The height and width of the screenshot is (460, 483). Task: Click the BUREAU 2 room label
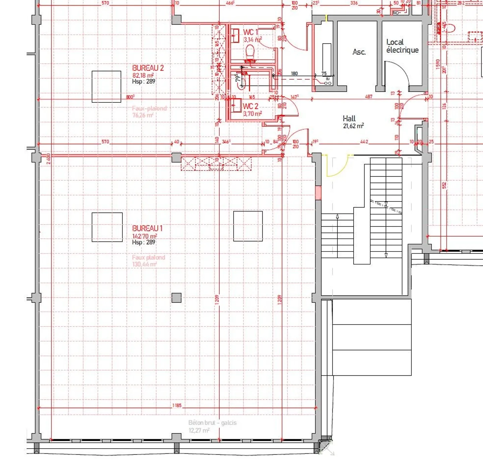pyautogui.click(x=148, y=68)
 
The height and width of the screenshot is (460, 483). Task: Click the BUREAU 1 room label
pyautogui.click(x=147, y=229)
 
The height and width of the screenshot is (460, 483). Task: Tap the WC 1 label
pyautogui.click(x=250, y=32)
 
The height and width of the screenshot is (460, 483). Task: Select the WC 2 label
pyautogui.click(x=250, y=106)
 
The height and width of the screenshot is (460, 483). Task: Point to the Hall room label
pyautogui.click(x=349, y=119)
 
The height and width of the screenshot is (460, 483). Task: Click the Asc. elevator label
pyautogui.click(x=359, y=52)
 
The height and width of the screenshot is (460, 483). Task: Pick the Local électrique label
pyautogui.click(x=402, y=46)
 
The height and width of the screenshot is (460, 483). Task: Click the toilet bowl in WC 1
pyautogui.click(x=250, y=53)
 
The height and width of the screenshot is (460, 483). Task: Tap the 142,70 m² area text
pyautogui.click(x=144, y=236)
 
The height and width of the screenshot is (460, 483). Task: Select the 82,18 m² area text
pyautogui.click(x=143, y=76)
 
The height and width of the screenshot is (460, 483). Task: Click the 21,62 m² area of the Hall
pyautogui.click(x=353, y=126)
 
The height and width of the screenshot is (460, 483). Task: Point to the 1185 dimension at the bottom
pyautogui.click(x=177, y=406)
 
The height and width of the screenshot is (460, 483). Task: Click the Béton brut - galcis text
pyautogui.click(x=212, y=423)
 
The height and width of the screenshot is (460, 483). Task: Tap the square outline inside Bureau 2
pyautogui.click(x=106, y=87)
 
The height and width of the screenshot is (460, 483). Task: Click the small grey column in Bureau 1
pyautogui.click(x=176, y=298)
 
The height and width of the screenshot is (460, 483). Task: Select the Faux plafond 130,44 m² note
pyautogui.click(x=148, y=261)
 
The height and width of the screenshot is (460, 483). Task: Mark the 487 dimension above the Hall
pyautogui.click(x=368, y=97)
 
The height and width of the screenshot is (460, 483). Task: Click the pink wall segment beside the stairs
pyautogui.click(x=318, y=193)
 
